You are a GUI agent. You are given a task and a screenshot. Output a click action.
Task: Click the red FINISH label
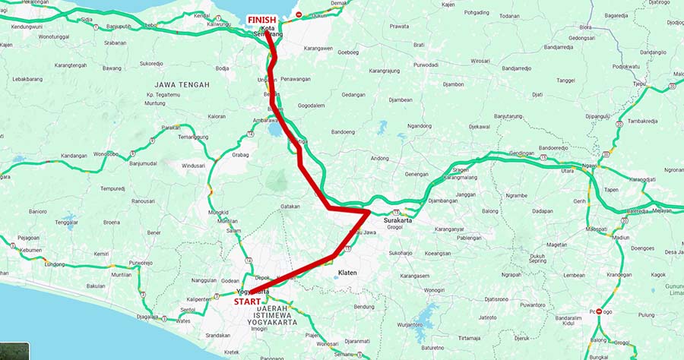[262, 20]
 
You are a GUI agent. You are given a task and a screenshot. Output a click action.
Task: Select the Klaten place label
[347, 271]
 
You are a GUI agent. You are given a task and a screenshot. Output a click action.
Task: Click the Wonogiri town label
[434, 289]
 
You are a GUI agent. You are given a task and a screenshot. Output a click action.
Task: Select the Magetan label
[557, 245]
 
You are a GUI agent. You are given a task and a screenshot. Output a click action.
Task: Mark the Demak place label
[339, 4]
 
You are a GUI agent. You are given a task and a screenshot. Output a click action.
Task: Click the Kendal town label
[201, 14]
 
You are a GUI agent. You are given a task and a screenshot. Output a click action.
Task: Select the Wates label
[183, 321]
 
